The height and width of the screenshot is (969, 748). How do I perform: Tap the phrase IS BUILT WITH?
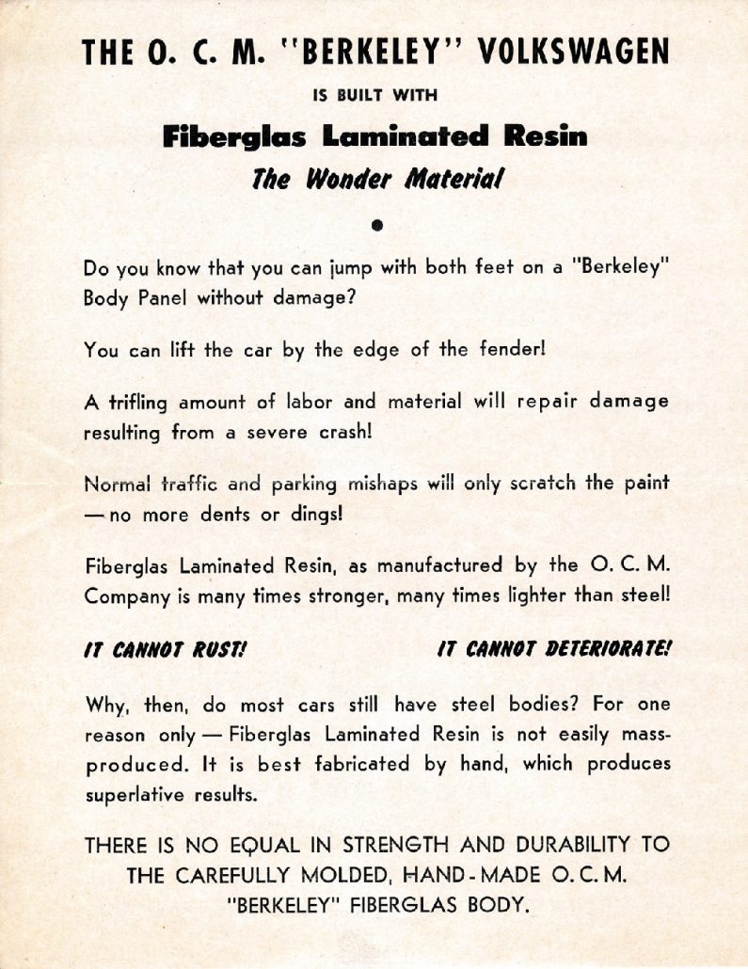374,95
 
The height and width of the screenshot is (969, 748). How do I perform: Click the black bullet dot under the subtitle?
375,225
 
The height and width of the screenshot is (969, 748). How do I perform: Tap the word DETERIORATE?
594,649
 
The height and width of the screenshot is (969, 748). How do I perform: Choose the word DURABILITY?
569,845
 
